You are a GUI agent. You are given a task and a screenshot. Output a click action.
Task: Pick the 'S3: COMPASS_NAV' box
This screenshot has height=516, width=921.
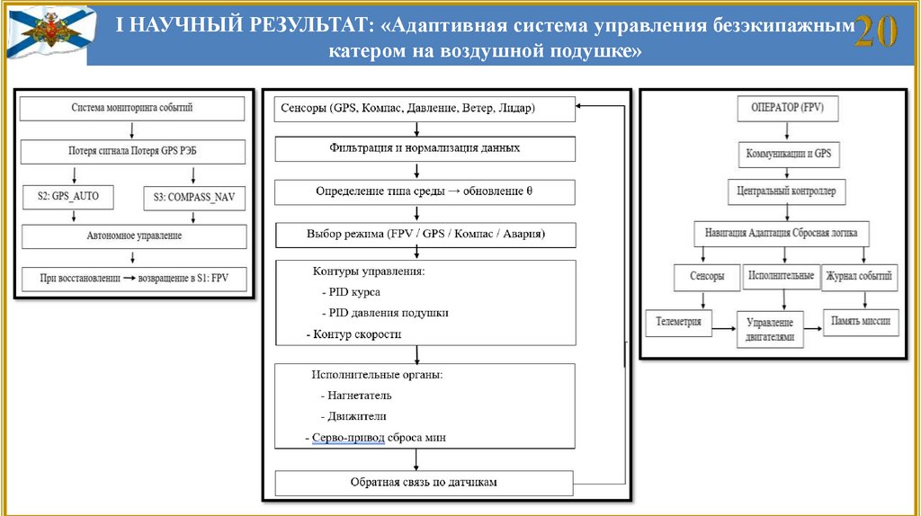click(193, 195)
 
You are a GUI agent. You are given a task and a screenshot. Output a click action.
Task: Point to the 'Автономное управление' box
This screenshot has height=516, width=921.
click(132, 236)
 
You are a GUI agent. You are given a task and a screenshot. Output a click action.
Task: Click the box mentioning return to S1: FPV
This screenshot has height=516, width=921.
click(132, 278)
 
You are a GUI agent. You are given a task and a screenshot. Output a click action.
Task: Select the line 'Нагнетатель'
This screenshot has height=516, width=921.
click(356, 395)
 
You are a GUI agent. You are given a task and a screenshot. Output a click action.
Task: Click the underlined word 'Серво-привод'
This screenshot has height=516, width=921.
click(349, 438)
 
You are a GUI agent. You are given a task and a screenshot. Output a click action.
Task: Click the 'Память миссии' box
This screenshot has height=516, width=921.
click(861, 320)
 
